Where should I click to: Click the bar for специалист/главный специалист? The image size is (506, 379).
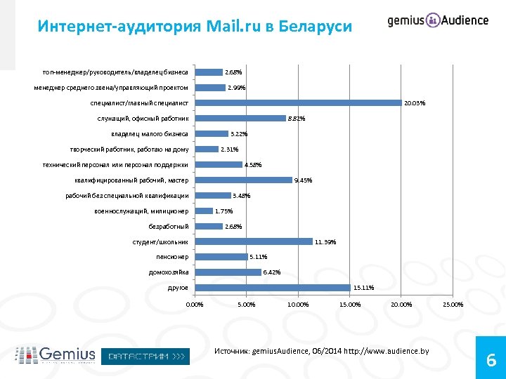(x=297, y=103)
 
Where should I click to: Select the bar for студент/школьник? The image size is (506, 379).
(x=253, y=241)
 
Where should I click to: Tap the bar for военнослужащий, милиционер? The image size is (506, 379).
(x=203, y=211)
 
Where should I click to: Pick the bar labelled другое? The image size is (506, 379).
(x=272, y=288)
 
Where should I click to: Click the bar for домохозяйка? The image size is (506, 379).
(x=227, y=272)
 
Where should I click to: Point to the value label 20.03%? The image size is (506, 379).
(x=415, y=103)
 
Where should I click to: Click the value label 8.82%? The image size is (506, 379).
(x=296, y=119)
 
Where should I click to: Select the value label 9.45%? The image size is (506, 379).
(x=303, y=180)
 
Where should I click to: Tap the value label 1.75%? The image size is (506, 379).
(x=223, y=211)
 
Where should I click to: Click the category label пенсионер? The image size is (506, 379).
(x=172, y=257)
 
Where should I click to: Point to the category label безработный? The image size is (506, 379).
(x=169, y=226)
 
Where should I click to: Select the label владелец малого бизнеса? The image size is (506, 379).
(x=149, y=133)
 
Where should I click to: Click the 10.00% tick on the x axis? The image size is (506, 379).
(x=297, y=305)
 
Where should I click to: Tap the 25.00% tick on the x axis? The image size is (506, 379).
(x=453, y=305)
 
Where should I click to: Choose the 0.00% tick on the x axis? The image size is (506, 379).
(x=194, y=305)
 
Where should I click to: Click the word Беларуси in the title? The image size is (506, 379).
(x=315, y=27)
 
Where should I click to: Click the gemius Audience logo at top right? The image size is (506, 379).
(x=438, y=20)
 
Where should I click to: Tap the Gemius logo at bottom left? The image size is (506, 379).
(x=55, y=355)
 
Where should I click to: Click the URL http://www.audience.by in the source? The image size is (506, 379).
(x=390, y=350)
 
